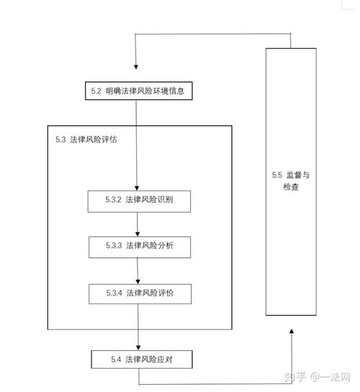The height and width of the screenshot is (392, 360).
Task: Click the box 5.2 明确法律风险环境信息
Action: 138,91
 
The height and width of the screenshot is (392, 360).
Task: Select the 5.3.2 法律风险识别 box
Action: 139,201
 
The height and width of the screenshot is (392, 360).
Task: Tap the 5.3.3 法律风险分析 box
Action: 140,247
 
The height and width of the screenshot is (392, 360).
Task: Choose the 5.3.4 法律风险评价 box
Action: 140,294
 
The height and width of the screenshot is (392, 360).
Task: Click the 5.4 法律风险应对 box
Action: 142,360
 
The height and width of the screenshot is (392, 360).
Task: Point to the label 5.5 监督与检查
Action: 291,181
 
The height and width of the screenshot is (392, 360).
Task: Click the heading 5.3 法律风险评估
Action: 86,140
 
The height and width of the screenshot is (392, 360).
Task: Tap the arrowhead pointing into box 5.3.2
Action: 137,188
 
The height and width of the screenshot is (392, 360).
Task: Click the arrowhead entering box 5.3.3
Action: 138,234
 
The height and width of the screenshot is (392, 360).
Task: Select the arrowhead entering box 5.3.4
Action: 138,282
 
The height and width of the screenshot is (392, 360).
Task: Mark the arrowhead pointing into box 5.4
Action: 138,347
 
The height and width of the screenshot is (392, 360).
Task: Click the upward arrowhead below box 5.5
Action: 291,332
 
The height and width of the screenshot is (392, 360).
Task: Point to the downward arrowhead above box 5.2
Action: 136,67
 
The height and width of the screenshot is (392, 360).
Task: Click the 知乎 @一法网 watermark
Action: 318,377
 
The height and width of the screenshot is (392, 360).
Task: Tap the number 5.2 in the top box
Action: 96,91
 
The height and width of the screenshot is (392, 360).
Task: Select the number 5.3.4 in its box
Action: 114,293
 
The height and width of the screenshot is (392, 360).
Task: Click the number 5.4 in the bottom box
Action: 116,360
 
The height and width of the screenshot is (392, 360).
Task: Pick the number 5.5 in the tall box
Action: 277,175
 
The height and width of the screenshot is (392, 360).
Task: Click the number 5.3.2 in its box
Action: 113,199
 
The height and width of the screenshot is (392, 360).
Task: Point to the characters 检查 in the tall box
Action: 291,186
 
